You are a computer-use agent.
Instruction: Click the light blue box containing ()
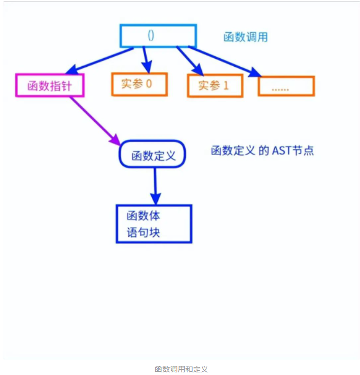click(x=158, y=36)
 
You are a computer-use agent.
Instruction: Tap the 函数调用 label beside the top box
click(x=245, y=37)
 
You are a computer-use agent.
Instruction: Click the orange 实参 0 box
click(x=139, y=84)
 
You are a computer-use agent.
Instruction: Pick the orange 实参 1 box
click(x=215, y=86)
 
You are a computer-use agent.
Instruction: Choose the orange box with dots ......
click(x=286, y=86)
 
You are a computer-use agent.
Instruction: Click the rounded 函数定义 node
click(x=152, y=155)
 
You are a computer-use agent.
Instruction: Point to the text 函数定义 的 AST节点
click(x=262, y=151)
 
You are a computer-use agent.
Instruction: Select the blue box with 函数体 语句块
click(x=154, y=224)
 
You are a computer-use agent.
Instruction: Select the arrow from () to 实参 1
click(x=190, y=60)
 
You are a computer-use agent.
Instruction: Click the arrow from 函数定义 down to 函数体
click(x=155, y=185)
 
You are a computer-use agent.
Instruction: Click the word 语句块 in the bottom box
click(x=143, y=232)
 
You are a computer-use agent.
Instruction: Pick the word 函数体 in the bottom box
click(x=143, y=216)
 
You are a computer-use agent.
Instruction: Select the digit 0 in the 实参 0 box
click(x=149, y=84)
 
